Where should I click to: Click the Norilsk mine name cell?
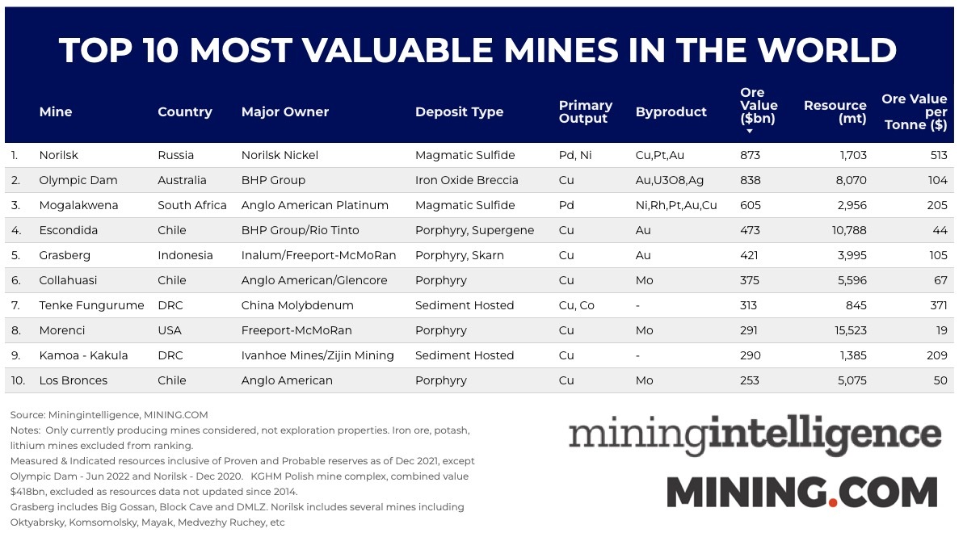click(x=59, y=155)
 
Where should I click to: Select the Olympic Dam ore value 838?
click(x=751, y=180)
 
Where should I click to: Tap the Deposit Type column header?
click(x=459, y=112)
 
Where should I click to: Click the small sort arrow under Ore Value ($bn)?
click(x=750, y=131)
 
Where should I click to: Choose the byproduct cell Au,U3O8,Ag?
click(x=670, y=180)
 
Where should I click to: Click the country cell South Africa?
click(x=192, y=205)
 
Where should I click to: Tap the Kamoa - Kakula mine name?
click(x=83, y=355)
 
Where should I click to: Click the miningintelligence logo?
click(x=755, y=435)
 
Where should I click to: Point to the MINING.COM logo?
click(x=801, y=492)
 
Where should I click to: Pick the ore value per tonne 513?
click(x=937, y=155)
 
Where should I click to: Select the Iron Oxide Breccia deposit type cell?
click(x=467, y=180)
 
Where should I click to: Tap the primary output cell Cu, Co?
click(x=577, y=305)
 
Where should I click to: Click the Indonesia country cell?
click(x=185, y=255)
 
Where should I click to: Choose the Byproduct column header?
click(x=671, y=112)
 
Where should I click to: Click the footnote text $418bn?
click(x=30, y=491)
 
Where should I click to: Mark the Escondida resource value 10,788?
click(x=846, y=230)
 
